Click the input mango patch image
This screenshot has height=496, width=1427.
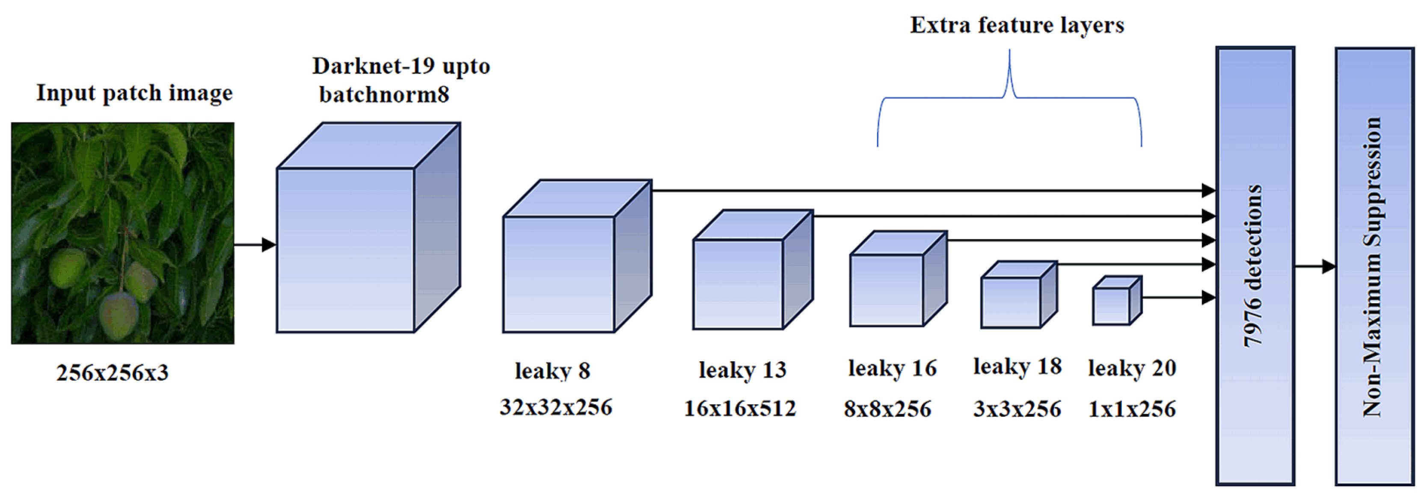point(122,233)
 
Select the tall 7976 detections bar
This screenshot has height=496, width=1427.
point(1255,266)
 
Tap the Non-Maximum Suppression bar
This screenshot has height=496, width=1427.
point(1374,266)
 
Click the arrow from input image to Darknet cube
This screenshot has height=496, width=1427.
point(255,244)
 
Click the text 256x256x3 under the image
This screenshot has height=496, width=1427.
point(113,372)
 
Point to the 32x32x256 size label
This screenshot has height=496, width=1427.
point(556,407)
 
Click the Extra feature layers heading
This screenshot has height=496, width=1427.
point(1017,25)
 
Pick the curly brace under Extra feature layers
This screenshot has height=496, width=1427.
point(1009,98)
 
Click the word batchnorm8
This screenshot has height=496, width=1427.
point(384,94)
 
